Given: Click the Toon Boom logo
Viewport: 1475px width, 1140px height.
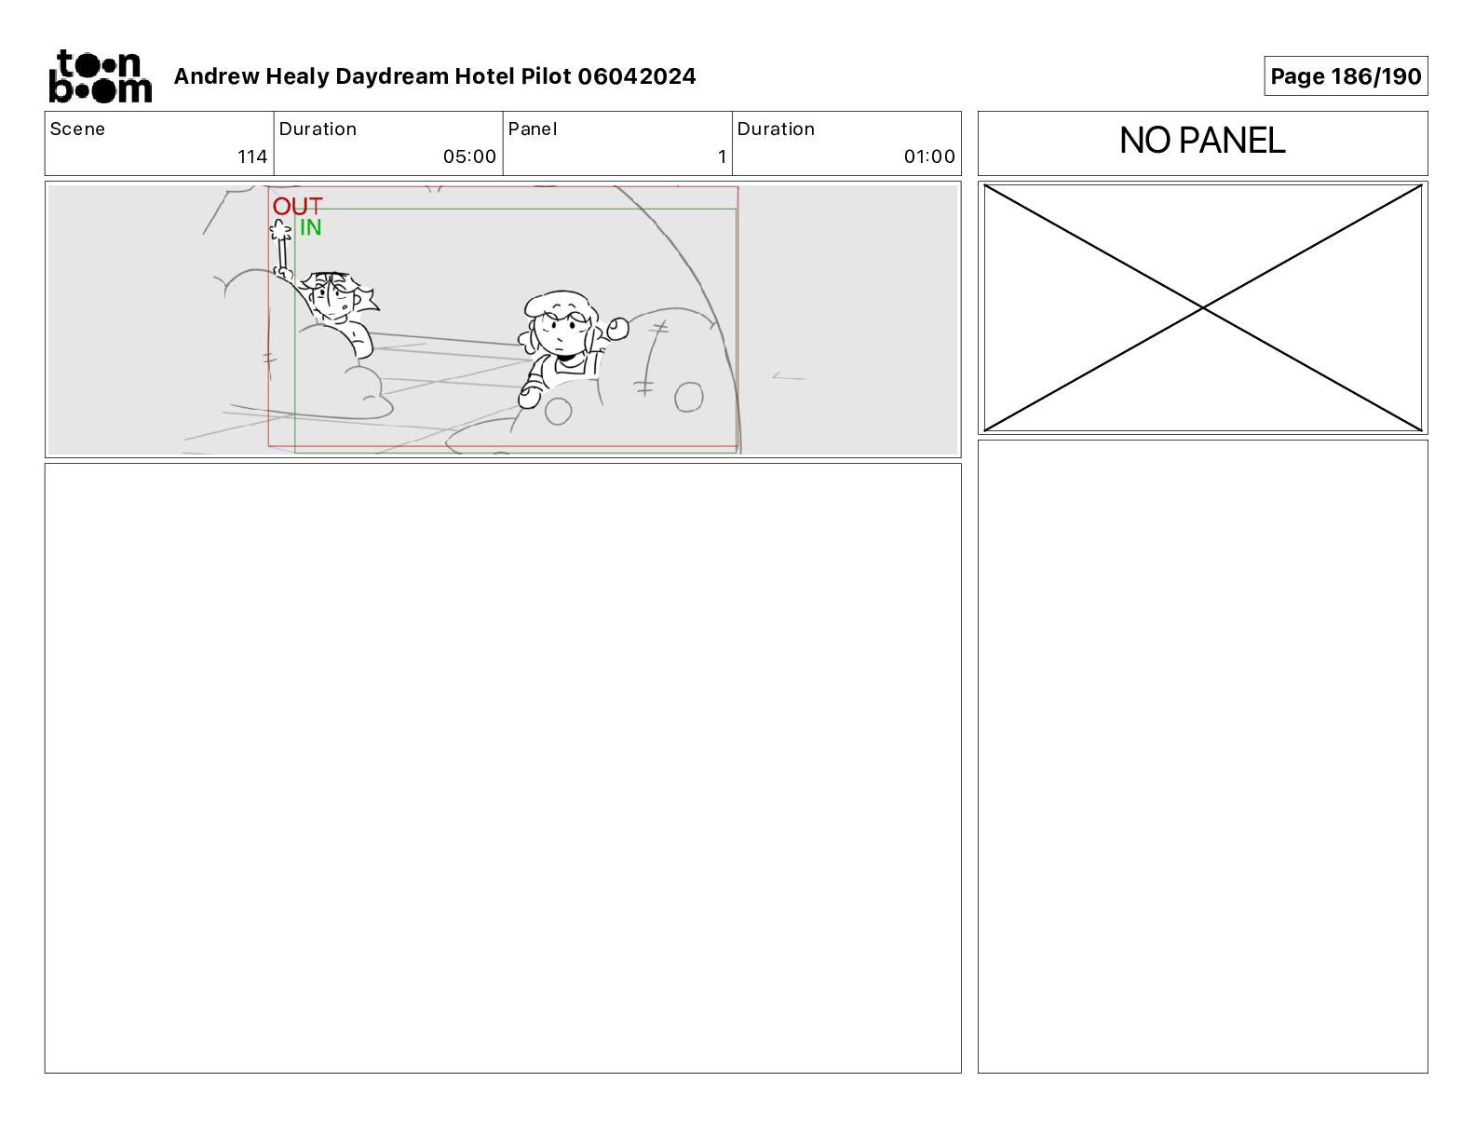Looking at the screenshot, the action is (x=101, y=76).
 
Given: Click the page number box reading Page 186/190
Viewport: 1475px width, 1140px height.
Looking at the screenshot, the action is (x=1346, y=76).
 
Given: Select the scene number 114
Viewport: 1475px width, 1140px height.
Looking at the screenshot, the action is (x=251, y=156).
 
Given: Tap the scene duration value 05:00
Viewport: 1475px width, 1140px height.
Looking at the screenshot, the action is (x=469, y=156).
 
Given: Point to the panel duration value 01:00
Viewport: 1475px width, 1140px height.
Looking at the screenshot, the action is (x=928, y=156).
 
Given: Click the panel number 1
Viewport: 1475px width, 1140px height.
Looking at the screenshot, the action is (x=723, y=156).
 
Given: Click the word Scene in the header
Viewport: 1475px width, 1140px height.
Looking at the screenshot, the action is (x=77, y=129).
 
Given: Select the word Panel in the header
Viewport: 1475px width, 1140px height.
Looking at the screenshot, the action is (x=532, y=129).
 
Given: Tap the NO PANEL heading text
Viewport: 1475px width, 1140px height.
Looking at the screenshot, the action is (x=1201, y=141).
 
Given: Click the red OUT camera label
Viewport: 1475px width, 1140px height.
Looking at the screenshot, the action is (x=297, y=207).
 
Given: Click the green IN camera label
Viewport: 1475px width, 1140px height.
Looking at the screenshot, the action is (x=310, y=227).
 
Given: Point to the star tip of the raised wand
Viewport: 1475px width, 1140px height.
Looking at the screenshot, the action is (x=280, y=229).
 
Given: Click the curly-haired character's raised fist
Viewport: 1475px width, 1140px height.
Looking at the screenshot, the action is (x=617, y=329).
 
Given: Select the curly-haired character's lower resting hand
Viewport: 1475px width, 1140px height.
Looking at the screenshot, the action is (x=529, y=397).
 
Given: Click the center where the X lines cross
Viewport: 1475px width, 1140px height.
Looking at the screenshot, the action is (x=1202, y=308).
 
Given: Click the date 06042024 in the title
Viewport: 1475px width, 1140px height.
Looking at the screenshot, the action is (x=637, y=76).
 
